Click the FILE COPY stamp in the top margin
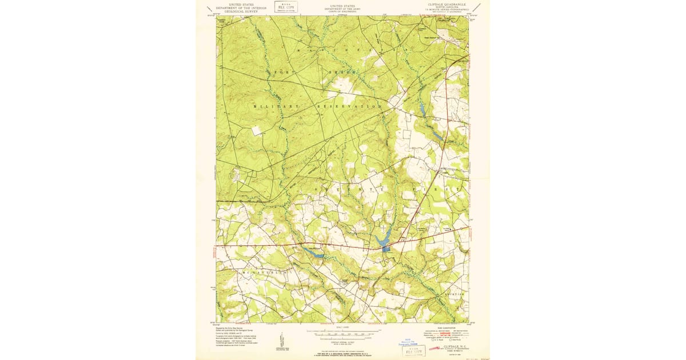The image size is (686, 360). pyautogui.click(x=285, y=6)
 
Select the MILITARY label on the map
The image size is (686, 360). pyautogui.click(x=276, y=107)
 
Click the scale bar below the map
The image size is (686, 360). pyautogui.click(x=343, y=331)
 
